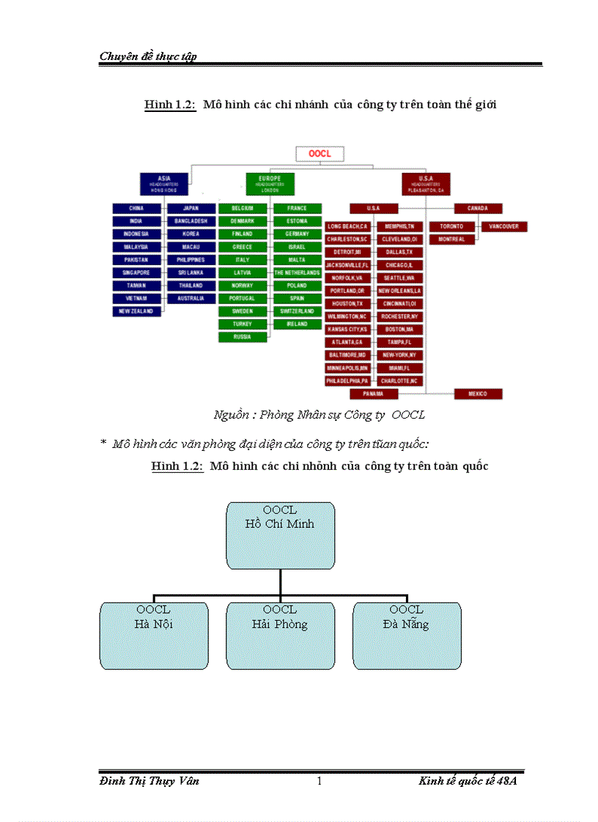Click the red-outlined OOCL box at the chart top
[x=319, y=154]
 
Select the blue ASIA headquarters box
[x=164, y=183]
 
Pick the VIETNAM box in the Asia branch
[x=136, y=299]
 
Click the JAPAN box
[x=191, y=209]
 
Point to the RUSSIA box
[x=243, y=337]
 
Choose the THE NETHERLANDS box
[x=297, y=272]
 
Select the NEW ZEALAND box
[x=136, y=312]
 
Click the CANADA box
[x=478, y=209]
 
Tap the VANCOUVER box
[x=503, y=227]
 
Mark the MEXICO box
[x=478, y=394]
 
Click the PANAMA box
[x=374, y=394]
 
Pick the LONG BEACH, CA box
[x=348, y=227]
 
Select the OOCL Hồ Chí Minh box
[x=280, y=535]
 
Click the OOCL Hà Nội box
[x=154, y=635]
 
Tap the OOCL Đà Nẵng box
[x=407, y=635]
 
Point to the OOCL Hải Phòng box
[x=280, y=635]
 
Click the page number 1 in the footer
[x=319, y=781]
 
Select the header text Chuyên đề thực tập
[x=148, y=56]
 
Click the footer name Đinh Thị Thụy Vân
[x=149, y=781]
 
